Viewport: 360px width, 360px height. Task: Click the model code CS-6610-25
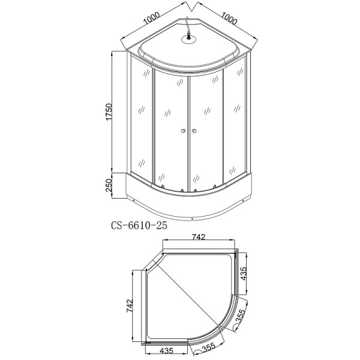tap(139, 226)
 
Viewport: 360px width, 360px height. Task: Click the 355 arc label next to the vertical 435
tap(240, 316)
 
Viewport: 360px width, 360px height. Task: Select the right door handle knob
tap(195, 131)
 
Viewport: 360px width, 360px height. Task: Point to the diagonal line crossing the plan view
tap(192, 297)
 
